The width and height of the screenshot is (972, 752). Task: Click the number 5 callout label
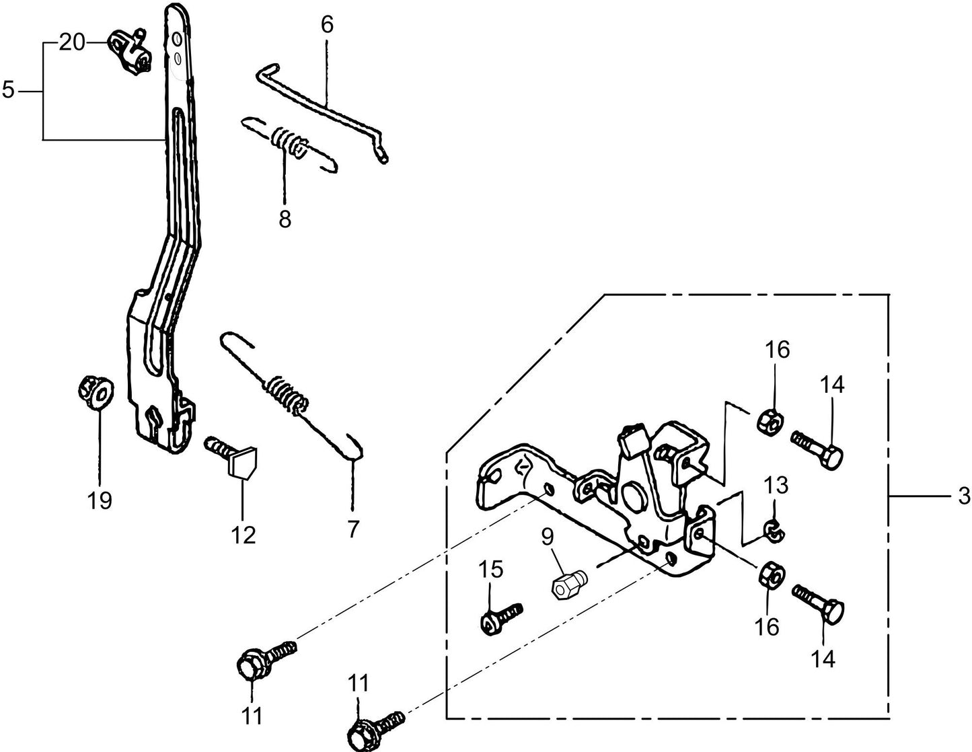click(8, 89)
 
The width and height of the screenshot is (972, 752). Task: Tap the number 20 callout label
click(72, 43)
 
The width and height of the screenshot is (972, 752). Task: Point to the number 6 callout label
click(327, 25)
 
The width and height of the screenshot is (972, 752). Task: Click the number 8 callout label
click(285, 219)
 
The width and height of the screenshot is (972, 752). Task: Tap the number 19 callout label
click(100, 500)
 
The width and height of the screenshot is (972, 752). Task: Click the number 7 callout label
click(353, 529)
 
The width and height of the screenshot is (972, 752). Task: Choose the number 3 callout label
click(963, 496)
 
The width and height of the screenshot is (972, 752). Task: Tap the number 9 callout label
click(548, 536)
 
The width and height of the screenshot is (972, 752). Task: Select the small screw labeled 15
click(500, 616)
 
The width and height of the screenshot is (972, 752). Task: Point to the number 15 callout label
click(490, 570)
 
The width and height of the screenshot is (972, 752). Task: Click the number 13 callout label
click(776, 485)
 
